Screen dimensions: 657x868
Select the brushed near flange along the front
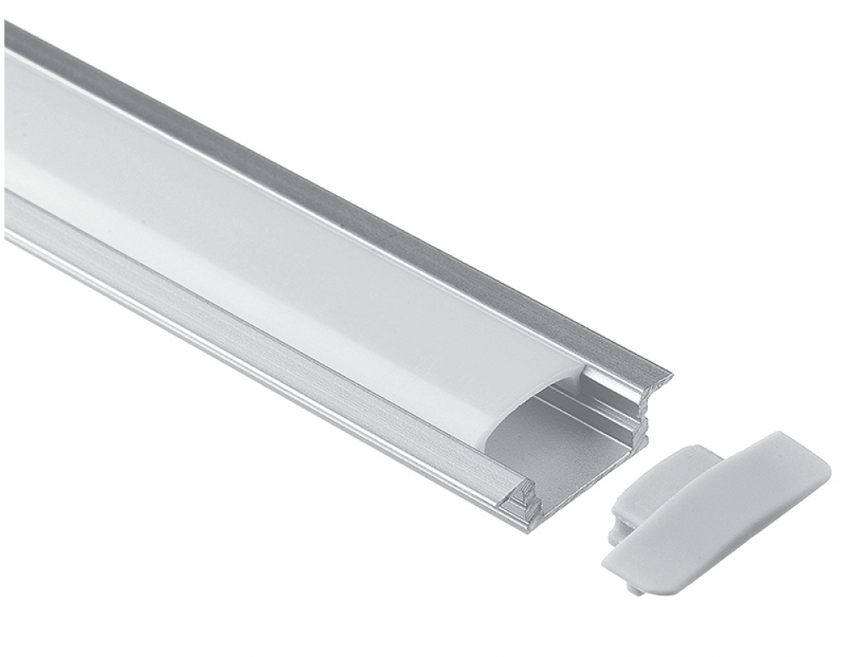tap(253, 338)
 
